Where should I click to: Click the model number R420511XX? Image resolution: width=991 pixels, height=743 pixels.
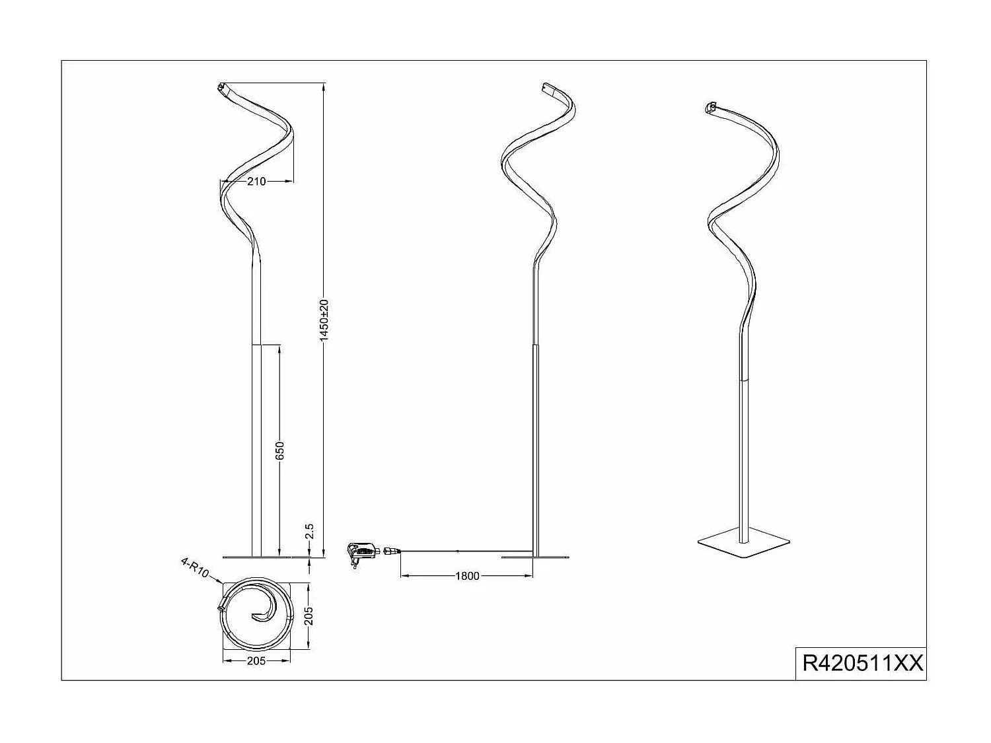862,662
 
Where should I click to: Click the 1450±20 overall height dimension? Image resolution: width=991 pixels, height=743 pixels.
324,320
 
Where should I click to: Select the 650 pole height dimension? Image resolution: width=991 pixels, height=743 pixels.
279,450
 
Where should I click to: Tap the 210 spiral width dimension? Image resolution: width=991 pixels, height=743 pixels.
256,182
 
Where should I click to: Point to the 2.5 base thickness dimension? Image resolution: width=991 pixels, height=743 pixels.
310,532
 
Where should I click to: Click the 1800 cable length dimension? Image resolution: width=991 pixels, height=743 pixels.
467,576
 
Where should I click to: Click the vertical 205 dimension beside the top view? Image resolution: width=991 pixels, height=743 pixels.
309,616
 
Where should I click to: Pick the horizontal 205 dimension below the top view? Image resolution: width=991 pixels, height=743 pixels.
256,660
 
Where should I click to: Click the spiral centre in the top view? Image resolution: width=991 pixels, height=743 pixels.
259,617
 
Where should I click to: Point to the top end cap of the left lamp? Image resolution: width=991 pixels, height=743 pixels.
221,87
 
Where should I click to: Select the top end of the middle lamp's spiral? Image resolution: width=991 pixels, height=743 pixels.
546,87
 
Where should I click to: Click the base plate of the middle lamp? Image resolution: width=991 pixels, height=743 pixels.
535,557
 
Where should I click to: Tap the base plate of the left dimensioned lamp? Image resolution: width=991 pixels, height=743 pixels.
256,557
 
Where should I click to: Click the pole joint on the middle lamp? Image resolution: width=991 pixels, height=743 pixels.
535,344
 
